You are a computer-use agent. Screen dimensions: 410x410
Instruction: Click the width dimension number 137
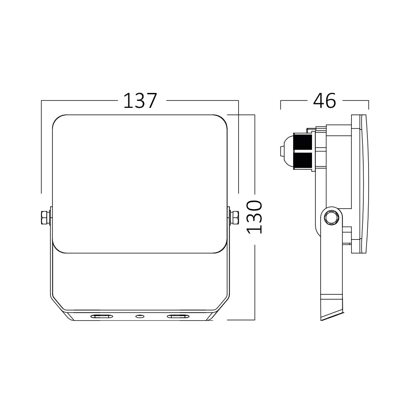pos(140,101)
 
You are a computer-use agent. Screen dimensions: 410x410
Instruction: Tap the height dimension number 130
pos(255,217)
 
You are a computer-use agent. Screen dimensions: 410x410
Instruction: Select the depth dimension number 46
pos(324,101)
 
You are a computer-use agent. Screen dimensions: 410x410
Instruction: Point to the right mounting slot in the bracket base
pos(178,316)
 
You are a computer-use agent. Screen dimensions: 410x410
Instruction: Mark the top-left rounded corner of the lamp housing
pos(57,120)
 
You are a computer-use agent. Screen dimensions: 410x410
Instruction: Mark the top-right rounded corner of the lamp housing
pos(223,120)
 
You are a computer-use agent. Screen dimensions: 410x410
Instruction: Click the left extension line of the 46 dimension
pos(280,105)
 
